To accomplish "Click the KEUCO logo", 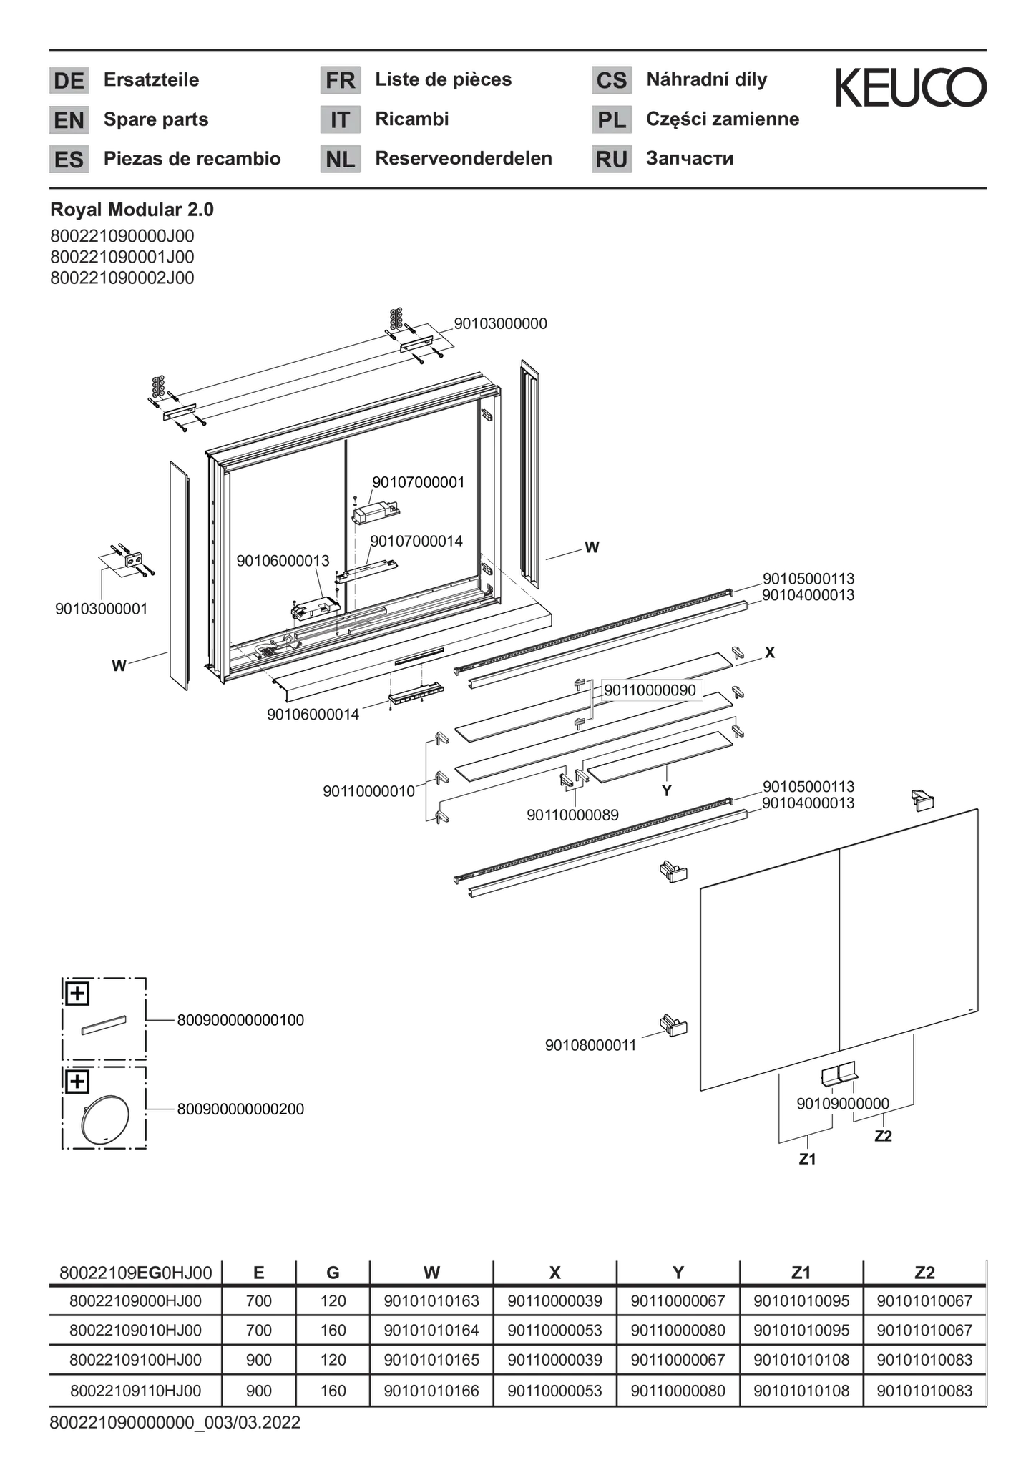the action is click(x=911, y=88).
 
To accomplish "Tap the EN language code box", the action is click(x=69, y=119).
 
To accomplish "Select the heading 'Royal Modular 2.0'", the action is click(x=132, y=210).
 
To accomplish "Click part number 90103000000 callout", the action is click(x=500, y=323).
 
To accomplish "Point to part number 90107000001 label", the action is click(x=418, y=482).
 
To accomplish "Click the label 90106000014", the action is click(x=313, y=714).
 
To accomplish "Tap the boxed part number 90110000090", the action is click(x=650, y=690).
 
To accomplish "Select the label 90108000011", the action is click(x=591, y=1045).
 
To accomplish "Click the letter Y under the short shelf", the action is click(x=667, y=790).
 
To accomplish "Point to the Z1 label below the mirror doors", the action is click(x=807, y=1160).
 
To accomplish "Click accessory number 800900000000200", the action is click(x=240, y=1109).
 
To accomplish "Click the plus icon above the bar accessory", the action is click(x=77, y=993).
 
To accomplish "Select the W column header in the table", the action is click(x=431, y=1273).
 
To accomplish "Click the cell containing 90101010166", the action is click(x=431, y=1391).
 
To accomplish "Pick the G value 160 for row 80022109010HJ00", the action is click(x=333, y=1331).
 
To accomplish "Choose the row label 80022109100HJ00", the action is click(x=135, y=1360).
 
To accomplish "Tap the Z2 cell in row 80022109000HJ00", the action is click(x=924, y=1300).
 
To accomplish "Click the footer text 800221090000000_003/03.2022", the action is click(x=175, y=1422).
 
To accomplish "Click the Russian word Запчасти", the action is click(x=690, y=158).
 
